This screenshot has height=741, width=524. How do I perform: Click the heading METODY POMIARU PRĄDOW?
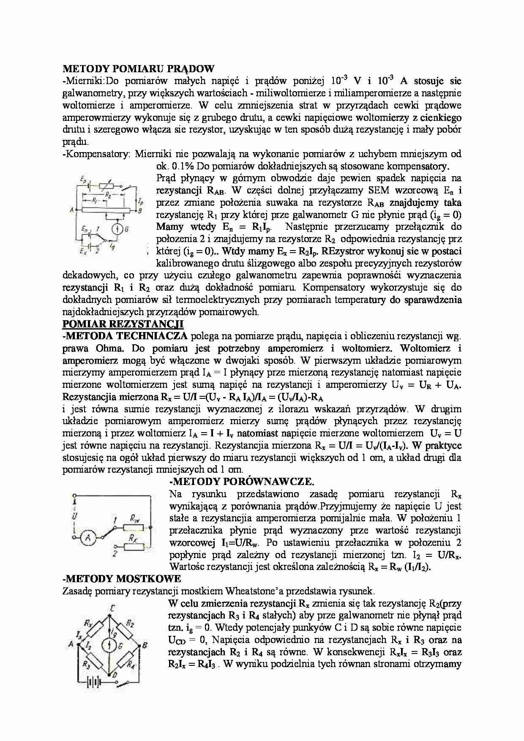[138, 68]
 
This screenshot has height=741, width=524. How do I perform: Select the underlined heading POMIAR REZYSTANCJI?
[123, 324]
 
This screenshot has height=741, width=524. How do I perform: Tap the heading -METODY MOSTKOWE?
[122, 579]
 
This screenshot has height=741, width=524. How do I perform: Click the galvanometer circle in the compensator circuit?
[115, 229]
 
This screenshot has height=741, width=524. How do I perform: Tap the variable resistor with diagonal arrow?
[109, 186]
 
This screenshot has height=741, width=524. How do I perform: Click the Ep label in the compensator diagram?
[84, 180]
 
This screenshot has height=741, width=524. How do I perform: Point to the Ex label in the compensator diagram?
[83, 251]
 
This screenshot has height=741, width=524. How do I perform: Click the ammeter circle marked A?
[88, 537]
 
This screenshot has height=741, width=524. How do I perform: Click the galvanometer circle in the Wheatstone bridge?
[109, 645]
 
